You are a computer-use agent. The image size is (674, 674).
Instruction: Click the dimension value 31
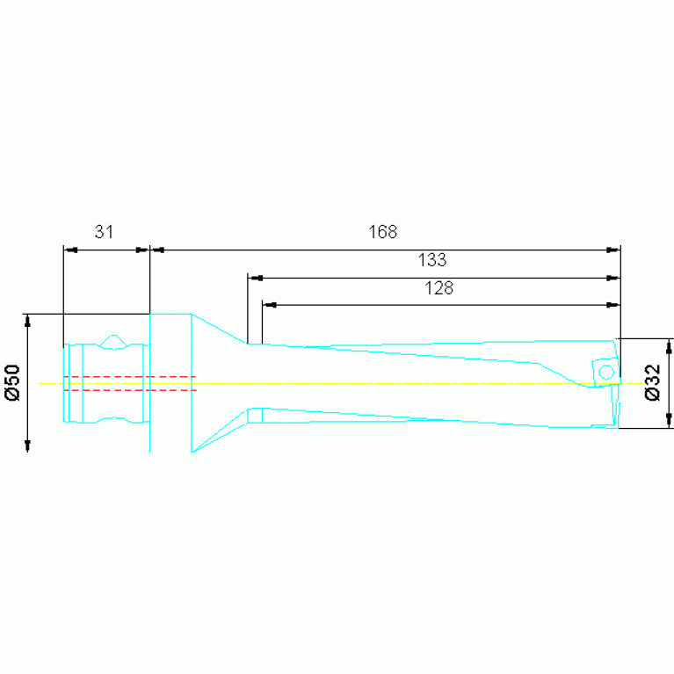coord(105,232)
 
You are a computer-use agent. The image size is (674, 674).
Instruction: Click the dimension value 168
coord(382,232)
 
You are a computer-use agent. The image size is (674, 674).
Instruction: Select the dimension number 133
coord(432,260)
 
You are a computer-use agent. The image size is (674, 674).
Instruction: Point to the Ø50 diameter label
coord(13,382)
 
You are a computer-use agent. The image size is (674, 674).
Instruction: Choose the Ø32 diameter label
coord(653,383)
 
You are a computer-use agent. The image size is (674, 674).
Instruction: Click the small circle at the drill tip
coord(605,373)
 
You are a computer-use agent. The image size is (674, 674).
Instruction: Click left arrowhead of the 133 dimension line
coord(254,278)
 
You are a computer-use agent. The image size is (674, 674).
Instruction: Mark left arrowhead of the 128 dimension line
coord(269,305)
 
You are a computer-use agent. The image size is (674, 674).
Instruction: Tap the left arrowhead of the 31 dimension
coord(70,250)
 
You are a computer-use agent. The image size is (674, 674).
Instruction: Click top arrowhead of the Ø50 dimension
coord(27,320)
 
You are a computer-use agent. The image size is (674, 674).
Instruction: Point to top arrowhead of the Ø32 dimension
coord(669,345)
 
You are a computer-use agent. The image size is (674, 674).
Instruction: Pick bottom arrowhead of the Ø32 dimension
coord(669,421)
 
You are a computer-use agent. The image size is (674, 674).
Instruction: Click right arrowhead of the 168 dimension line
coord(613,250)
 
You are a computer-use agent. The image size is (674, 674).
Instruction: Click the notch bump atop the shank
coord(113,340)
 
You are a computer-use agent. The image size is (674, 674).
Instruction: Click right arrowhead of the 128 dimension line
coord(613,305)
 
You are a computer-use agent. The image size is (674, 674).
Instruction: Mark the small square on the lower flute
coord(255,415)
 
